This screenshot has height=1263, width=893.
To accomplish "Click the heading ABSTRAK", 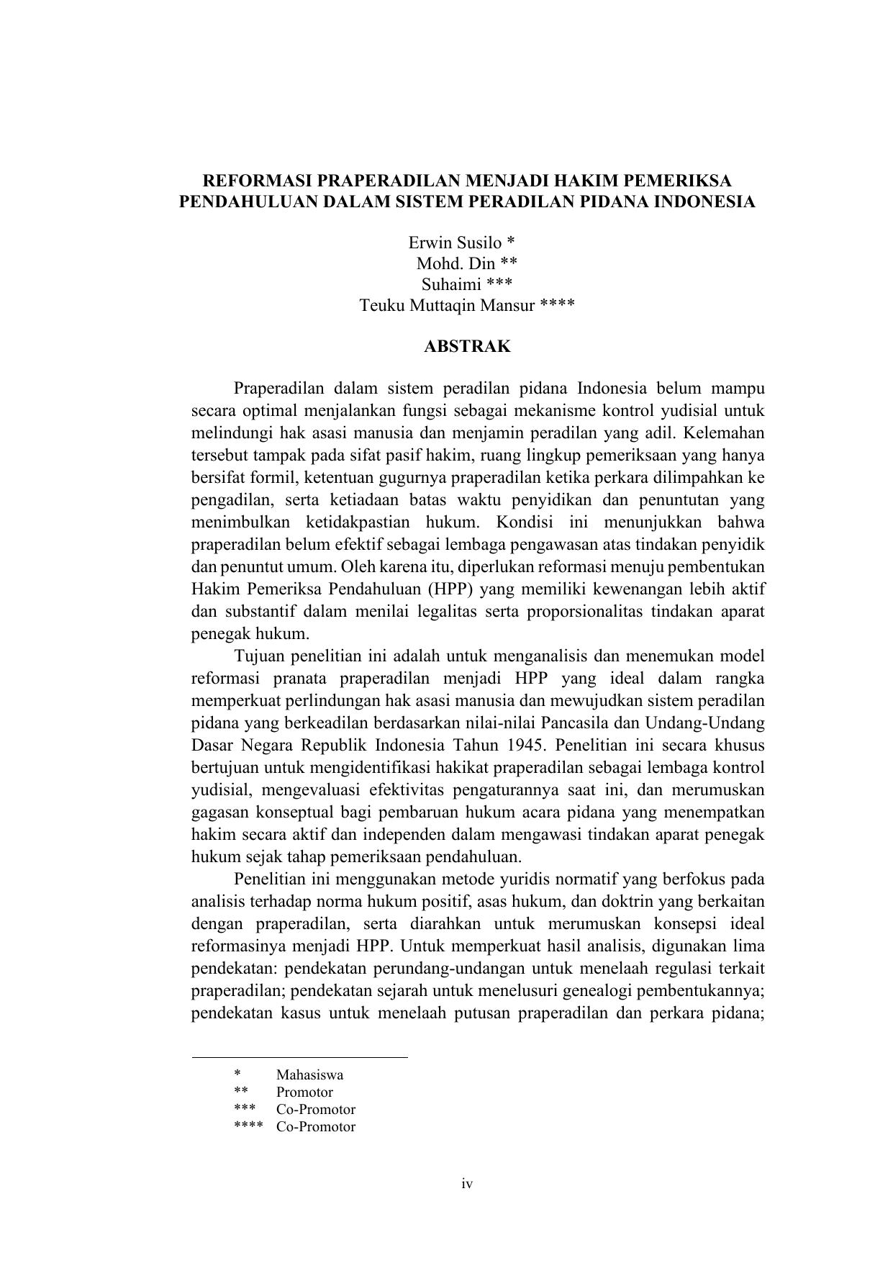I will (x=467, y=347).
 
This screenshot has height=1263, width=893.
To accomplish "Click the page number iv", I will (x=467, y=1184).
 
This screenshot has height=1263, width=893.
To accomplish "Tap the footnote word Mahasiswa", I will (x=309, y=1074).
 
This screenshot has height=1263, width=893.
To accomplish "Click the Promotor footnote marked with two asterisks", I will (x=304, y=1092).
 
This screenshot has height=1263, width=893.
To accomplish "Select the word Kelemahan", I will (x=725, y=433).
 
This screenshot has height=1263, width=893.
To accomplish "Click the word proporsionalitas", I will (x=584, y=612).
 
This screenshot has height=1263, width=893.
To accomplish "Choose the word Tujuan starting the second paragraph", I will (x=263, y=656).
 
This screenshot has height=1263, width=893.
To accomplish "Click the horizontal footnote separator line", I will (x=299, y=1057).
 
